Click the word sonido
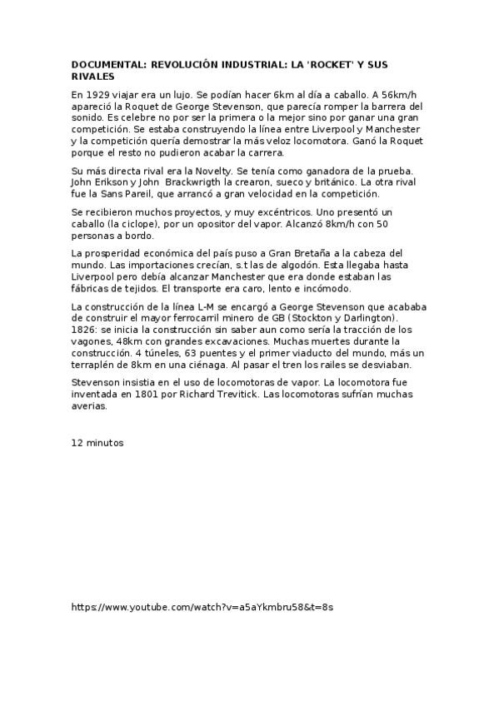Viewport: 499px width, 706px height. click(89, 118)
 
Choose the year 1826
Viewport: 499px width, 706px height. click(85, 330)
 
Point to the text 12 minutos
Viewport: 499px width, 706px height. click(97, 443)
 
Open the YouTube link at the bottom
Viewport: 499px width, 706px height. click(202, 607)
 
